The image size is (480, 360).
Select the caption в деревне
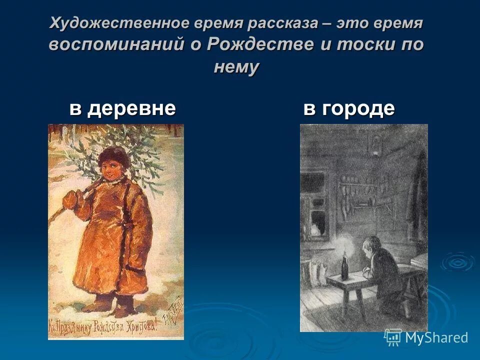122,108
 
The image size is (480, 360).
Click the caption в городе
349,108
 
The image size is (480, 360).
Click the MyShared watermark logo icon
393,337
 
